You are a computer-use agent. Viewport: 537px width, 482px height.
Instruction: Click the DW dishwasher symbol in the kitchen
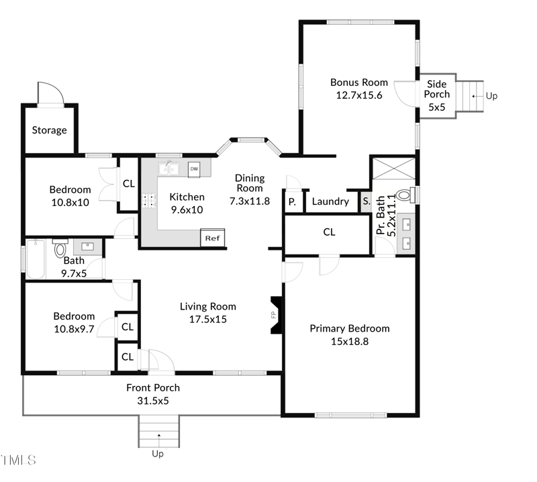[x=194, y=170]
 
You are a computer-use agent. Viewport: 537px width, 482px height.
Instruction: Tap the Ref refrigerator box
[x=212, y=238]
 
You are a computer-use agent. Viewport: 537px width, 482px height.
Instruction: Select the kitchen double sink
[x=168, y=169]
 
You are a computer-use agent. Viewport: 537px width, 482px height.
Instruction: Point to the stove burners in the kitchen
[x=149, y=201]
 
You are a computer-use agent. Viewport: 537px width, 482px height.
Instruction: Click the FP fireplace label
[x=273, y=315]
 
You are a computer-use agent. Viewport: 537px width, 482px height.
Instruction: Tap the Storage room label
[x=49, y=130]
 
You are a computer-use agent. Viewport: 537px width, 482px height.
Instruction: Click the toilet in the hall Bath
[x=60, y=248]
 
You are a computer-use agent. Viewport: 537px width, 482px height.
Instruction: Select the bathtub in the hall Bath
[x=36, y=259]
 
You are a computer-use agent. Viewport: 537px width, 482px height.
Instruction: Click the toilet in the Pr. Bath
[x=407, y=195]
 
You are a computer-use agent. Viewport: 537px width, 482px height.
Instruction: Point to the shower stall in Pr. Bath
[x=393, y=168]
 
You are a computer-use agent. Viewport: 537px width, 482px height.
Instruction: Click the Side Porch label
[x=437, y=89]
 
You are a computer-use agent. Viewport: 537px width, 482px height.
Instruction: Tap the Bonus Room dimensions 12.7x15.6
[x=359, y=95]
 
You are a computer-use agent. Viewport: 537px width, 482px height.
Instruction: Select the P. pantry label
[x=292, y=202]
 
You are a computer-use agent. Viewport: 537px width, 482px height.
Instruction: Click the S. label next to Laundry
[x=367, y=201]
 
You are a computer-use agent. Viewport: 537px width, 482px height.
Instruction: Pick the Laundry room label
[x=330, y=201]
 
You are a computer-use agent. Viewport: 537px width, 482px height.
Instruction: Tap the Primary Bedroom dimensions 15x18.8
[x=350, y=342]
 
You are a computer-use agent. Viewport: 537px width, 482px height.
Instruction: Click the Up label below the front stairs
[x=158, y=454]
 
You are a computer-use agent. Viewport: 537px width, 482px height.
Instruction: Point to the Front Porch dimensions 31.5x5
[x=153, y=401]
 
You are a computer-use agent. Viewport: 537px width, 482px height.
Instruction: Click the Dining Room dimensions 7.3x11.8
[x=250, y=201]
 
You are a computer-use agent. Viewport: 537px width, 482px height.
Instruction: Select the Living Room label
[x=208, y=306]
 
